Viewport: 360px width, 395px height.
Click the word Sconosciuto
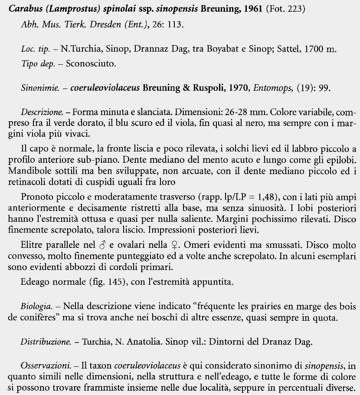[91, 63]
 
